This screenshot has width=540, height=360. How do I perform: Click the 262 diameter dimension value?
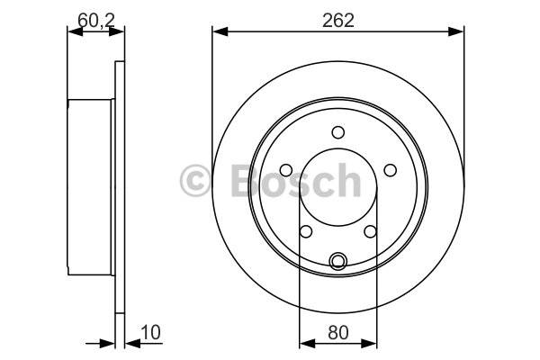pyautogui.click(x=337, y=21)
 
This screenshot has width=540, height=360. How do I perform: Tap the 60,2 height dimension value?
pyautogui.click(x=96, y=21)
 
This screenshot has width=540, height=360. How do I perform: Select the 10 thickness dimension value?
pyautogui.click(x=151, y=332)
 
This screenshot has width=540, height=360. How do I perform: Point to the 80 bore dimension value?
pyautogui.click(x=338, y=332)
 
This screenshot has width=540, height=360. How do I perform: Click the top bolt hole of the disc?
pyautogui.click(x=338, y=132)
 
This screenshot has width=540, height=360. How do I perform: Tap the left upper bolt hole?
pyautogui.click(x=286, y=170)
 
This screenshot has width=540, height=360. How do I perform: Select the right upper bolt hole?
pyautogui.click(x=391, y=170)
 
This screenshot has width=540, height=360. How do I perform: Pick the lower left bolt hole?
pyautogui.click(x=306, y=231)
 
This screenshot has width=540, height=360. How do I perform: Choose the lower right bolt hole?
pyautogui.click(x=370, y=231)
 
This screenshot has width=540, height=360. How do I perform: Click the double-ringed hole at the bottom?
pyautogui.click(x=338, y=262)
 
